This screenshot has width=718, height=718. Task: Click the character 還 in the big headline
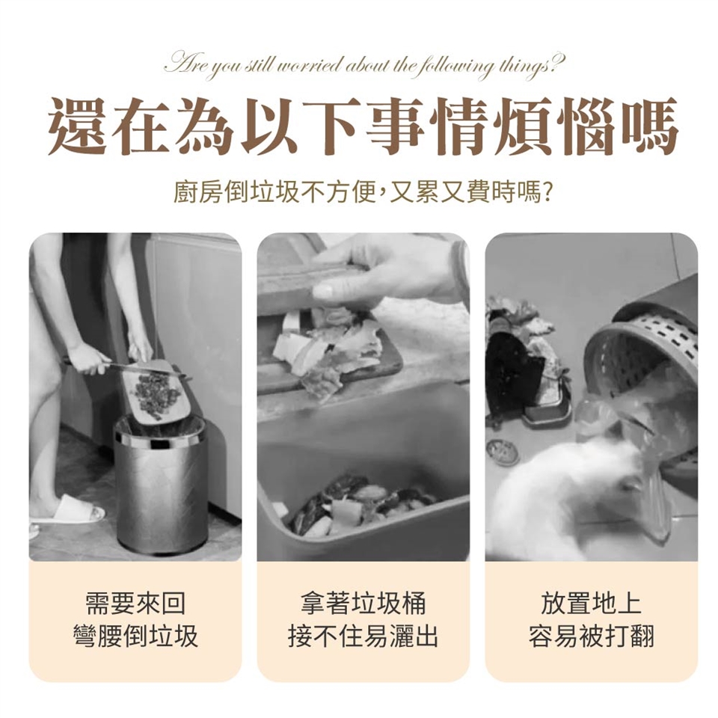(x=77, y=126)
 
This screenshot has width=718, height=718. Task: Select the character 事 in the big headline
(x=393, y=126)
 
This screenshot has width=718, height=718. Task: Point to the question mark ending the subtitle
(x=546, y=193)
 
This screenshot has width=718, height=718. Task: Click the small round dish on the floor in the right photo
(x=503, y=452)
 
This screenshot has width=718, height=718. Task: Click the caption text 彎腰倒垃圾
(x=135, y=636)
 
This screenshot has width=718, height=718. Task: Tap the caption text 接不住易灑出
(x=363, y=636)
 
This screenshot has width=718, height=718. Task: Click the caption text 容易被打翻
(x=591, y=636)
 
